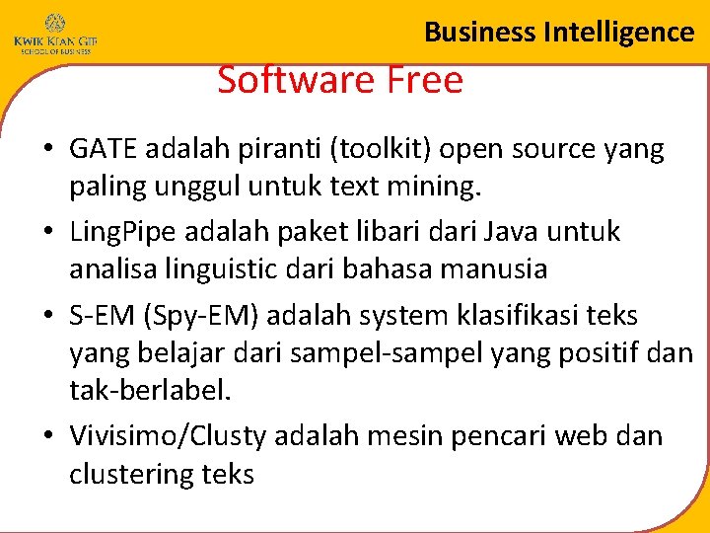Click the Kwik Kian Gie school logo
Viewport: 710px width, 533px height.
point(54,34)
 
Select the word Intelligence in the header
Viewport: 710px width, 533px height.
point(618,32)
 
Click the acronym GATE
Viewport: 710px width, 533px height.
point(105,150)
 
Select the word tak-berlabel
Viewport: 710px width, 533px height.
point(149,390)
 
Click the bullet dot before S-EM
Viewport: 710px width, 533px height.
point(47,317)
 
